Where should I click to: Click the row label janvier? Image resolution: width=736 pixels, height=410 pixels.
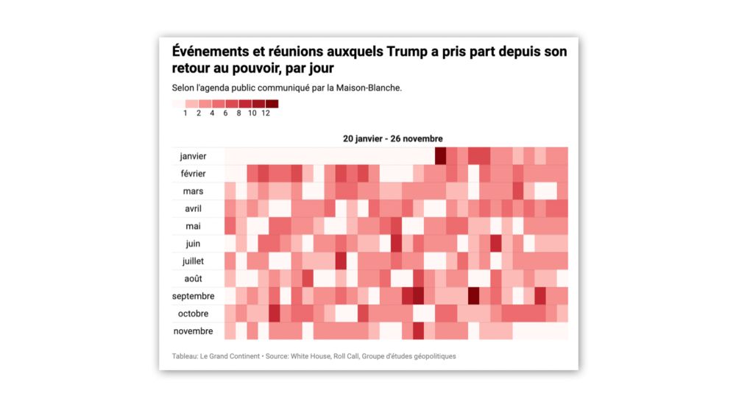[194, 156]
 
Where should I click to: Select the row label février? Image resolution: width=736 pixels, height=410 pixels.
[194, 174]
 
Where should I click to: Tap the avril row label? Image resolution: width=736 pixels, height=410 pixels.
[194, 208]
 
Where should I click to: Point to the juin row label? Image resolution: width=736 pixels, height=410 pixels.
[194, 244]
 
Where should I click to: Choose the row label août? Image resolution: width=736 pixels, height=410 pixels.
[194, 278]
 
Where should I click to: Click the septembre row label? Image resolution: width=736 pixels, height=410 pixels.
[194, 296]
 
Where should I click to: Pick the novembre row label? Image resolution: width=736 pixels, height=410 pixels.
[194, 331]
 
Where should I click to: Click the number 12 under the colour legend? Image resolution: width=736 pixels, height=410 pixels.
[266, 113]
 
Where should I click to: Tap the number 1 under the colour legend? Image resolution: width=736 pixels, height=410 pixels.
[185, 113]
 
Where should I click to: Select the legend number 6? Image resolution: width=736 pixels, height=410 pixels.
[225, 113]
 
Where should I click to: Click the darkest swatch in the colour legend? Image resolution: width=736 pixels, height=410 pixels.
[272, 104]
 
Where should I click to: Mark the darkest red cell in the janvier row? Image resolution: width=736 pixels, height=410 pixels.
[440, 156]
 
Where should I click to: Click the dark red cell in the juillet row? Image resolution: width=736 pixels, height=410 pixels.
[341, 261]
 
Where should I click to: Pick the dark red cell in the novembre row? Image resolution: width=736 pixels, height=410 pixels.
[418, 331]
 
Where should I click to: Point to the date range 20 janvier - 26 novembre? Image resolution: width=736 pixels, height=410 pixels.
[392, 138]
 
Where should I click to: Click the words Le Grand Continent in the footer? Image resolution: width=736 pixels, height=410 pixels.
[233, 356]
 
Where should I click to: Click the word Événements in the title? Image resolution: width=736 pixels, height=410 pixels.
[213, 52]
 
